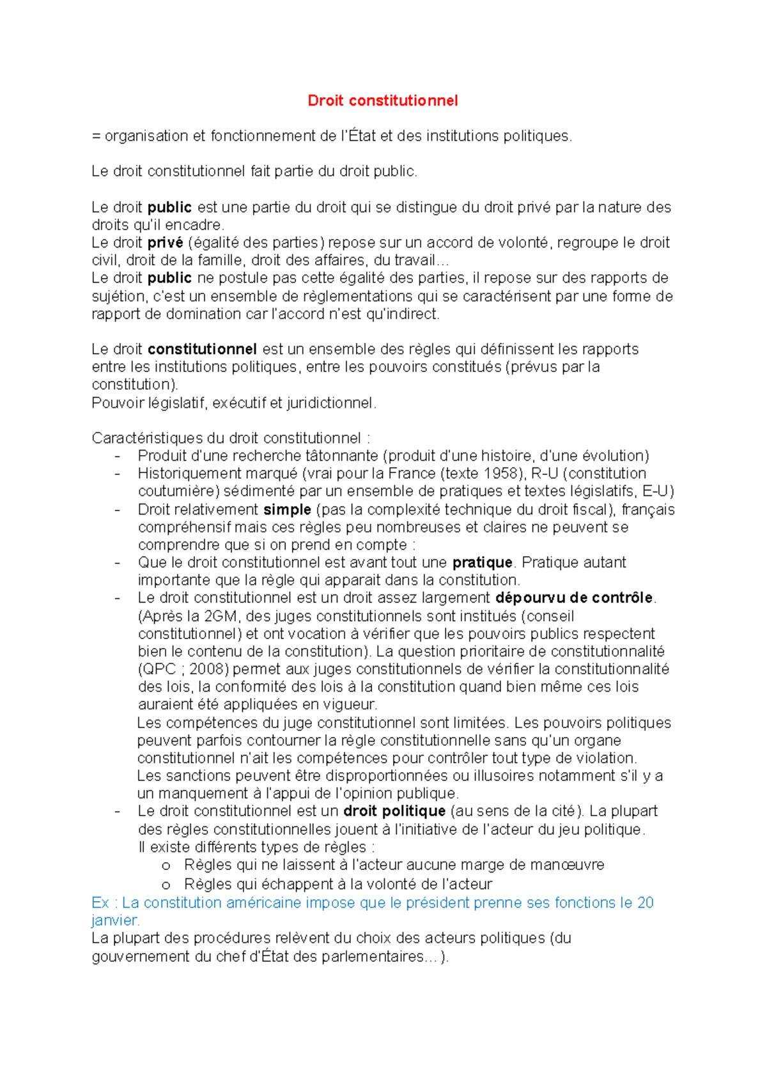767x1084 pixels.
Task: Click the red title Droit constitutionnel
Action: tap(383, 100)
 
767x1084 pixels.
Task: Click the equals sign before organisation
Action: tap(97, 136)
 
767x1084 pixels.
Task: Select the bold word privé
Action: tap(165, 243)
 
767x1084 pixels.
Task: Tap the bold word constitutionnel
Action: tap(202, 350)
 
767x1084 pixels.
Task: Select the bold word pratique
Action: tap(482, 563)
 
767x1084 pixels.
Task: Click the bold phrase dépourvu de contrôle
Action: tap(574, 598)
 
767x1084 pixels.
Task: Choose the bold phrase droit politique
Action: tap(394, 811)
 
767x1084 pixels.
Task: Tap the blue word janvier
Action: tap(115, 921)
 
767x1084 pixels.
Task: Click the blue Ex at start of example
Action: tap(100, 903)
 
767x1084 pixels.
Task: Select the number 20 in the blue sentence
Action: tap(645, 903)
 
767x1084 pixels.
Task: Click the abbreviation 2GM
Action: tap(221, 617)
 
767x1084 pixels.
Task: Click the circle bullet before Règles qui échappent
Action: tap(166, 885)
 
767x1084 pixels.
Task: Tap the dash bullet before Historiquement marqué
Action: tap(117, 474)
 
